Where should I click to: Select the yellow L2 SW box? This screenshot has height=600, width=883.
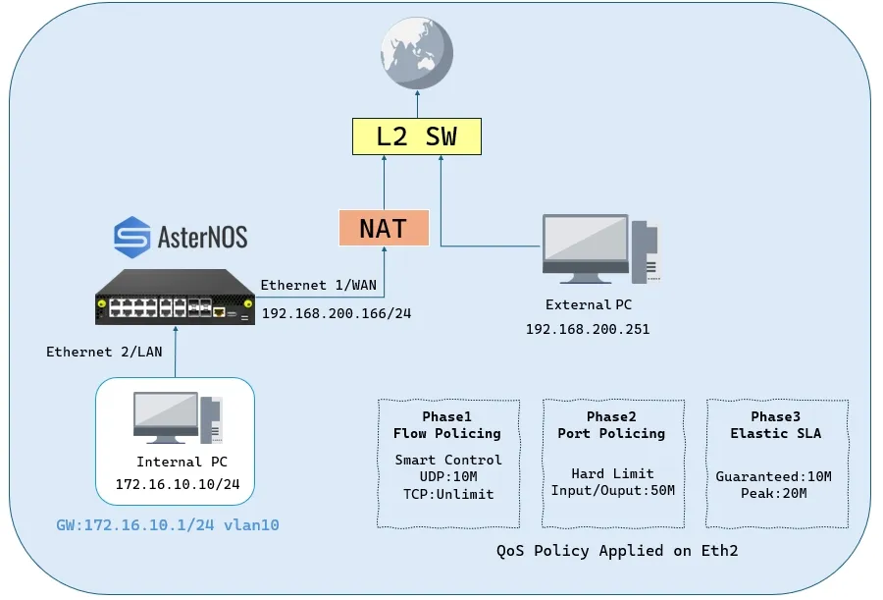tap(417, 136)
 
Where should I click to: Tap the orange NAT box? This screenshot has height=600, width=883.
tap(383, 228)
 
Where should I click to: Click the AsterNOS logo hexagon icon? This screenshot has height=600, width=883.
tap(131, 237)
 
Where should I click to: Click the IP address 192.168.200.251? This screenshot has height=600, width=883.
tap(587, 329)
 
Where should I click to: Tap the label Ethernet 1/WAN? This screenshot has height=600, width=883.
tap(319, 285)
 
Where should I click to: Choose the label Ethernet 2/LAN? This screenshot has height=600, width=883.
tap(104, 352)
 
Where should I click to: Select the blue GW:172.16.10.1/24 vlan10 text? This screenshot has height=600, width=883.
tap(167, 525)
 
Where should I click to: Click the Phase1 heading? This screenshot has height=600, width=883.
tap(446, 416)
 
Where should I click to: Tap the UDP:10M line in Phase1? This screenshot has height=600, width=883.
tap(446, 476)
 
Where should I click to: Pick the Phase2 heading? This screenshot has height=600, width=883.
tap(611, 416)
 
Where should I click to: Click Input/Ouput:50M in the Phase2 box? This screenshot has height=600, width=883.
tap(612, 491)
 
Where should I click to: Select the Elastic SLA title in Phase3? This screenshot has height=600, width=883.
tap(776, 433)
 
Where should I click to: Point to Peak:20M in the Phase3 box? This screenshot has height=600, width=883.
tap(775, 493)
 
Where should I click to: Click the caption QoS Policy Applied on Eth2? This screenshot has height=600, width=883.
tap(617, 551)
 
